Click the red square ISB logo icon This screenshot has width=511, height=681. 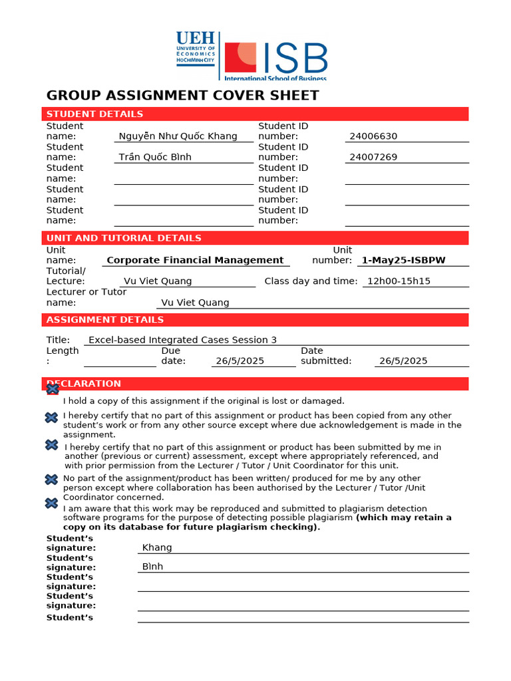(x=240, y=57)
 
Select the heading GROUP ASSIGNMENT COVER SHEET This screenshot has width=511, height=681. (x=183, y=95)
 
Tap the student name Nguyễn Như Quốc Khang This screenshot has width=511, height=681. (x=178, y=136)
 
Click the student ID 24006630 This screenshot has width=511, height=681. (x=373, y=136)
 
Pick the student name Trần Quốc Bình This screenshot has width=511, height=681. (x=155, y=157)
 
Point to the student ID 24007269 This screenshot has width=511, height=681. (x=373, y=157)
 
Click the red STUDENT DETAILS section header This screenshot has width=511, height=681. (x=94, y=114)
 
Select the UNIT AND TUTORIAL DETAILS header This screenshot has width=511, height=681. (x=123, y=238)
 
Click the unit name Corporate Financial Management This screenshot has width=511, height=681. (x=195, y=260)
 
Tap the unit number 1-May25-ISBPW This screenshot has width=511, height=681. (x=403, y=260)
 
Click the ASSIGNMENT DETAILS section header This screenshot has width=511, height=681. (x=104, y=320)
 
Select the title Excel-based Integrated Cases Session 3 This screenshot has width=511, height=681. (x=182, y=340)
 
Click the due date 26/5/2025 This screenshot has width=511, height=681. (x=240, y=361)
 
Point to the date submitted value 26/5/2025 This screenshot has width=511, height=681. (x=403, y=361)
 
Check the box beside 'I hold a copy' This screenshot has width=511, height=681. (x=52, y=389)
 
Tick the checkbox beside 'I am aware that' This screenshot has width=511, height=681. (x=51, y=503)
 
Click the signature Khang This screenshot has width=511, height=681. (x=157, y=548)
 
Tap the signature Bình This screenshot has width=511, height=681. (x=152, y=567)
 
